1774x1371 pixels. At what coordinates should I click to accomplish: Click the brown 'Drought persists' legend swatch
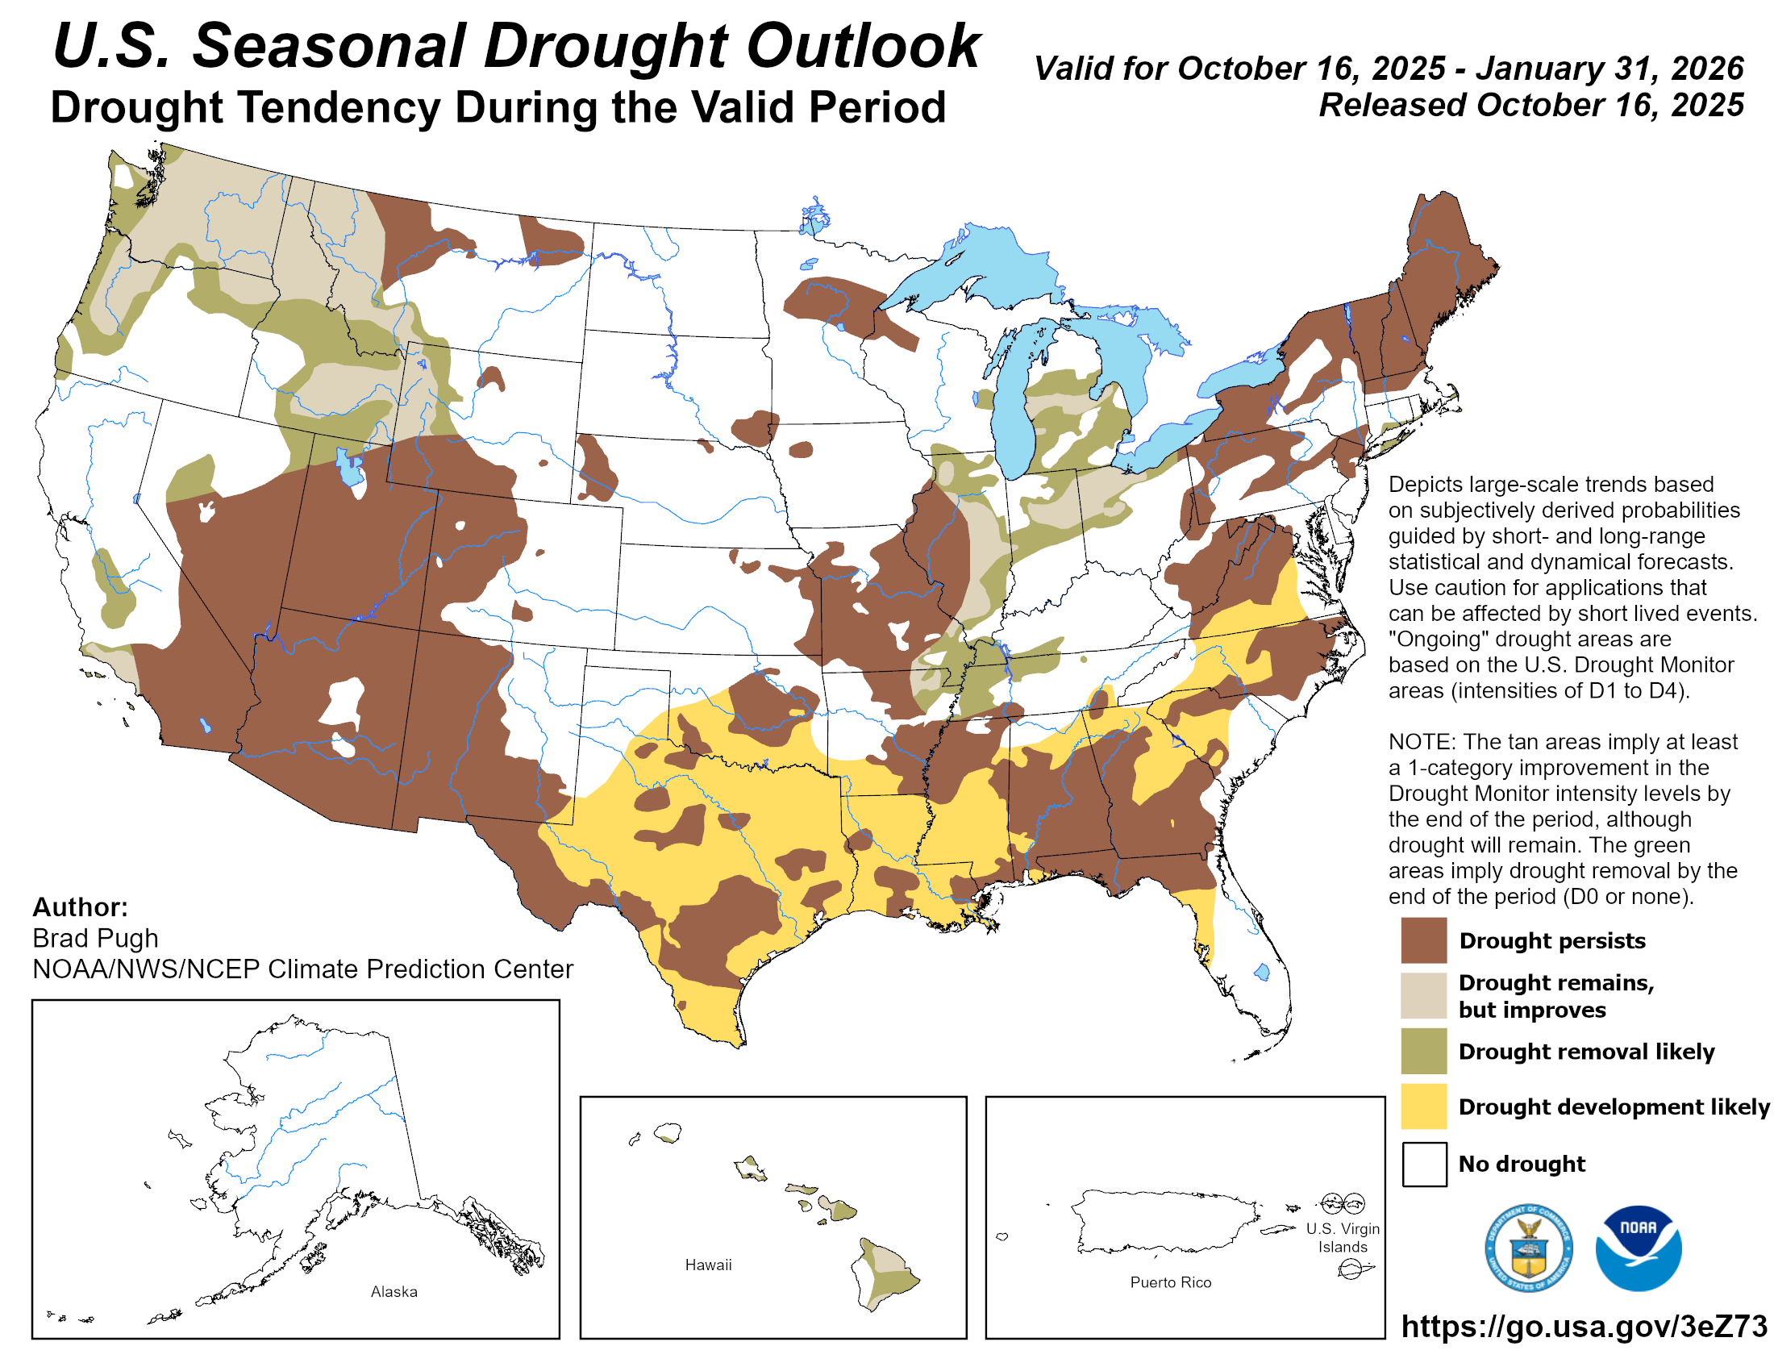point(1423,940)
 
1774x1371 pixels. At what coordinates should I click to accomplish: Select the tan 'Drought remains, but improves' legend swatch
point(1423,995)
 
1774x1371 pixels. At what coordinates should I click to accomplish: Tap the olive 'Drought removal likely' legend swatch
point(1423,1051)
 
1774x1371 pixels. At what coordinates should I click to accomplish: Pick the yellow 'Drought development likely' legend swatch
point(1423,1106)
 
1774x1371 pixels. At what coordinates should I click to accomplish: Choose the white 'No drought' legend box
point(1423,1163)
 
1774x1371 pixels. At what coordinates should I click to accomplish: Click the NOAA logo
point(1638,1248)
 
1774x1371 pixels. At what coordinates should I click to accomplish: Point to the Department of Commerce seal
point(1528,1248)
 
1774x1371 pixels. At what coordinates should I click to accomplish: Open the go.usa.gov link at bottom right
point(1583,1326)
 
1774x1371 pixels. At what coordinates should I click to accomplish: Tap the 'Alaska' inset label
point(394,1291)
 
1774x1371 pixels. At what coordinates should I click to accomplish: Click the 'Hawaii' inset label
point(707,1265)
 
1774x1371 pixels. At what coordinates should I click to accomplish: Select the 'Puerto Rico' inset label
point(1170,1281)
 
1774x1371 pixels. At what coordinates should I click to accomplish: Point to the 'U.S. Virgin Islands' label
point(1342,1237)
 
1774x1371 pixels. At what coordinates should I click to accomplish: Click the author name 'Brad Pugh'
point(95,938)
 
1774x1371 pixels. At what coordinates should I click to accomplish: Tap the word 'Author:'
point(80,906)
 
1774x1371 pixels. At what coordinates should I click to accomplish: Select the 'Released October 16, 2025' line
point(1530,105)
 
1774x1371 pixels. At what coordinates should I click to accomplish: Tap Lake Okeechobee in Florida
point(1261,972)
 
